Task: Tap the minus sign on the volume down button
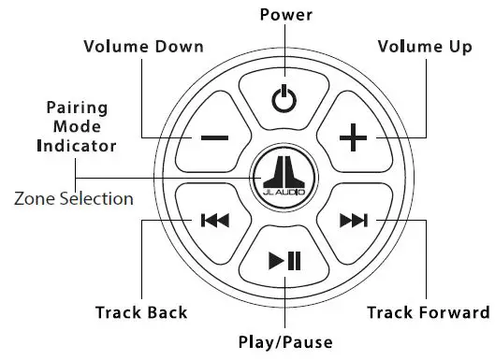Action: [213, 138]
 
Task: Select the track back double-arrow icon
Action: [214, 221]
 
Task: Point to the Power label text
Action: [285, 15]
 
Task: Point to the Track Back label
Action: [140, 312]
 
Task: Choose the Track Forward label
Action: [427, 312]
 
